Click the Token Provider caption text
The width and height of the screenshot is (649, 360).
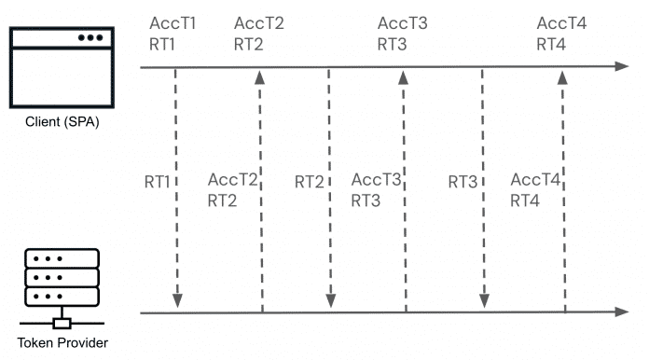click(x=62, y=342)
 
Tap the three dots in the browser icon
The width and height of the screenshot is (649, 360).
click(x=91, y=38)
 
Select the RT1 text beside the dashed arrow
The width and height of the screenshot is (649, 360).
click(x=157, y=181)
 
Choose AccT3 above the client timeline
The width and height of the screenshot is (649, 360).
click(x=402, y=23)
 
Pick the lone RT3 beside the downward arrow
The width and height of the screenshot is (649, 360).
click(x=463, y=181)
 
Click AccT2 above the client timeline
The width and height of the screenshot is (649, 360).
click(x=259, y=23)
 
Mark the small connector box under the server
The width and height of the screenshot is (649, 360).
click(x=62, y=324)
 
